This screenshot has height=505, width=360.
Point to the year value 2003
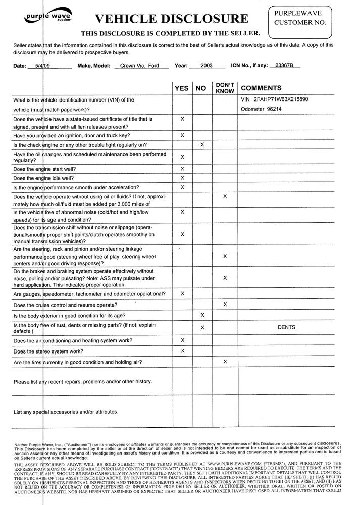pyautogui.click(x=207, y=66)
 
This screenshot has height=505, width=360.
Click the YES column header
pyautogui.click(x=182, y=88)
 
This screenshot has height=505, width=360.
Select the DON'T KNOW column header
pyautogui.click(x=225, y=88)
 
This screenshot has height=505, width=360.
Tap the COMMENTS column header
pyautogui.click(x=262, y=88)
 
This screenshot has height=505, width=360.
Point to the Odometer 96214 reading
pyautogui.click(x=268, y=109)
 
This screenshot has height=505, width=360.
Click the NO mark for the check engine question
pyautogui.click(x=202, y=145)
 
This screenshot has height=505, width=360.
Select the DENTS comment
pyautogui.click(x=287, y=327)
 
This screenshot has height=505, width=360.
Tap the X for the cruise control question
pyautogui.click(x=225, y=305)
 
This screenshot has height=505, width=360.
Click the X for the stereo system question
pyautogui.click(x=182, y=350)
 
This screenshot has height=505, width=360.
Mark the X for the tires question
pyautogui.click(x=225, y=362)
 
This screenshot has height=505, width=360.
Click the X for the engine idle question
pyautogui.click(x=182, y=178)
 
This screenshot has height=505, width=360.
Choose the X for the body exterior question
pyautogui.click(x=202, y=316)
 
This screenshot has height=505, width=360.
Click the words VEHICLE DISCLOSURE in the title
pyautogui.click(x=172, y=19)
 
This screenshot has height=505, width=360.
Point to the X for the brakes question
pyautogui.click(x=225, y=278)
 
